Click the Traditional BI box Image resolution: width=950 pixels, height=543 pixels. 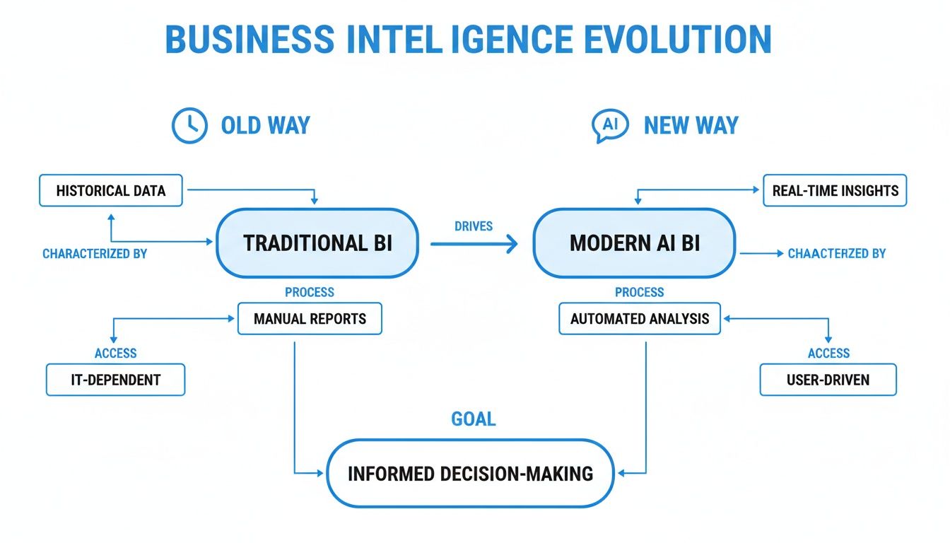coord(317,243)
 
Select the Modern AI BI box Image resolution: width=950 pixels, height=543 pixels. coord(634,243)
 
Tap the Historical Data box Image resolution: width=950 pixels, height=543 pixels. coord(110,190)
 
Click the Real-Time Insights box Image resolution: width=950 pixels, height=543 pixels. coord(835,190)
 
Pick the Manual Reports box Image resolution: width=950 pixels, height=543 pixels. coord(310,318)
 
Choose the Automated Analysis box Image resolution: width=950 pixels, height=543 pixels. coord(639,318)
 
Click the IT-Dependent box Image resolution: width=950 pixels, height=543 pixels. coord(115,380)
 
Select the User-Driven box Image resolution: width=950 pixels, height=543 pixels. coord(828,380)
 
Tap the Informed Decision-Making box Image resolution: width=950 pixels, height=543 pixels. coord(470,473)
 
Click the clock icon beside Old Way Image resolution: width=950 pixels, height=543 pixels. coord(189,126)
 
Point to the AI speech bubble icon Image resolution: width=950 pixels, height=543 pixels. coord(609,126)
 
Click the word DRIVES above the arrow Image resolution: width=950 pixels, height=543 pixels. coord(473,226)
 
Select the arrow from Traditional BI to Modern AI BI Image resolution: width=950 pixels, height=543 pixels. coord(473,244)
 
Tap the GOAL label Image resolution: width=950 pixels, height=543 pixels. coord(473,419)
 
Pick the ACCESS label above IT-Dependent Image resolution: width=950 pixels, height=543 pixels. coord(115,353)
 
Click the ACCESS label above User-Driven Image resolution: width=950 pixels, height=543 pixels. coord(828,353)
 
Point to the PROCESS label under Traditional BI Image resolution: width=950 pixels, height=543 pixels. coord(310,292)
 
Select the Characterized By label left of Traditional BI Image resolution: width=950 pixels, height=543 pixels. coord(95,253)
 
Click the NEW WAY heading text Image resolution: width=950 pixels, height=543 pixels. coord(691,126)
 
